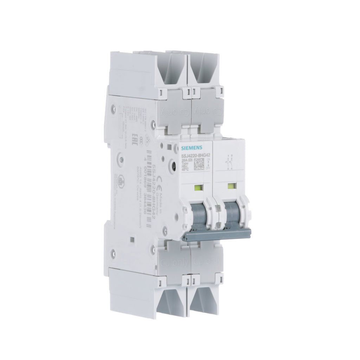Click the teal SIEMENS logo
(191, 147)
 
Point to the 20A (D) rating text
(186, 159)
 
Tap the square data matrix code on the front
(199, 163)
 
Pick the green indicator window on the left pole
(197, 188)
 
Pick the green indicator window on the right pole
(231, 186)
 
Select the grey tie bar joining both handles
(216, 234)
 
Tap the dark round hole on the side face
(173, 164)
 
